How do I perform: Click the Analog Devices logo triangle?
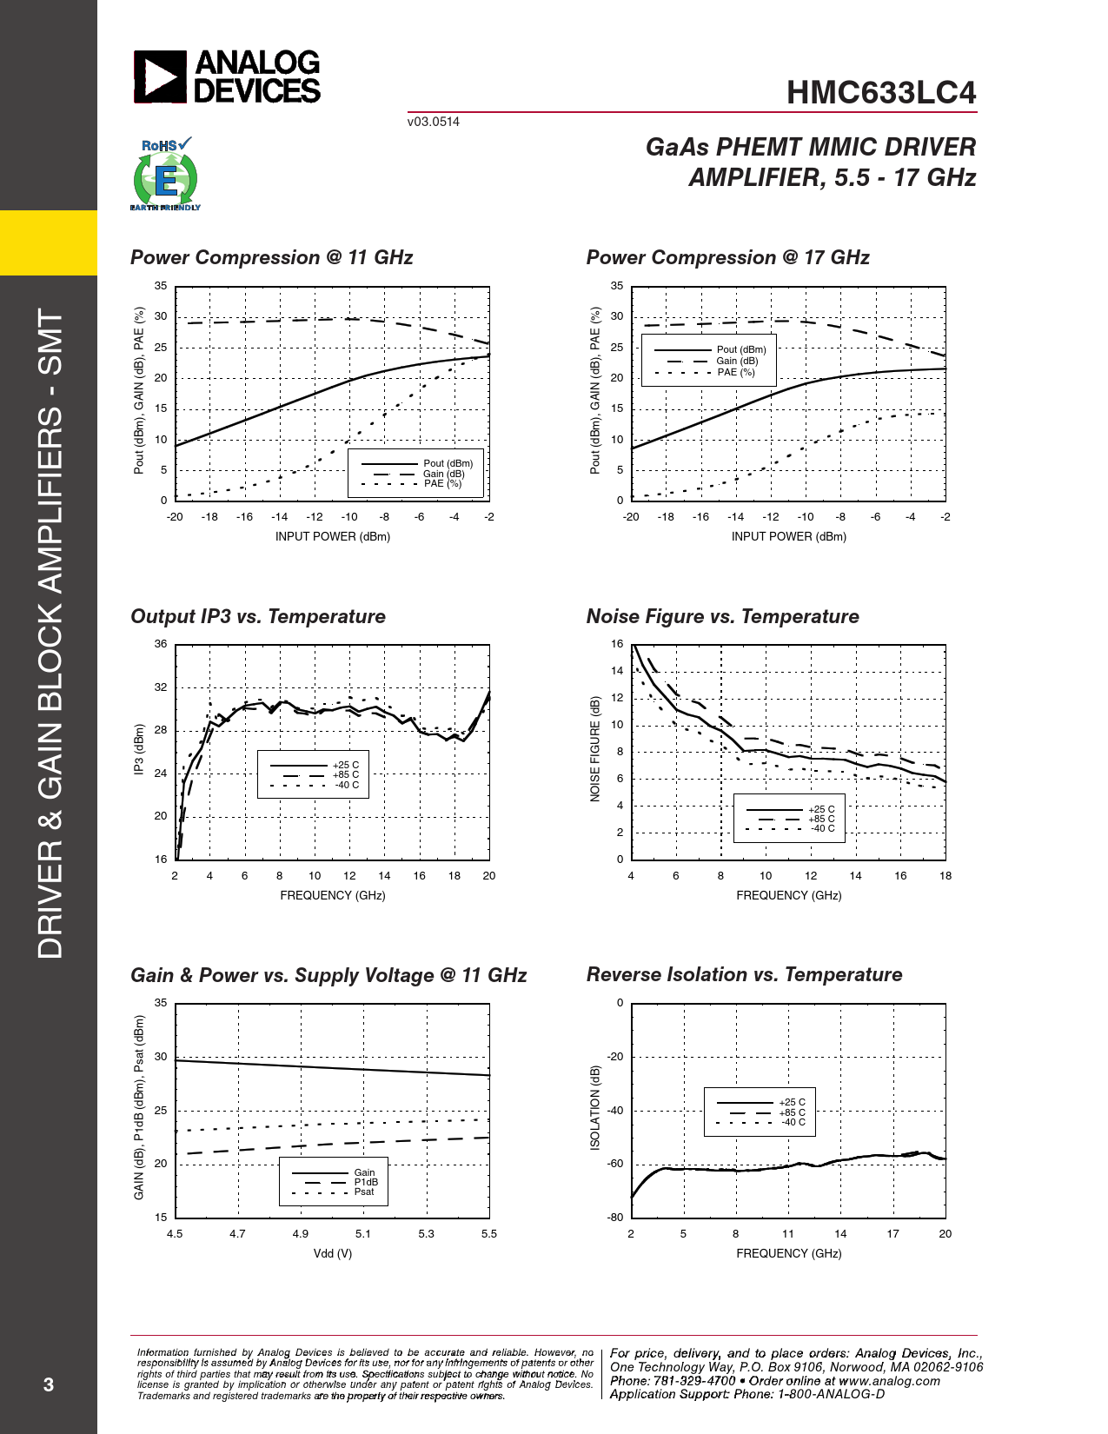(x=160, y=76)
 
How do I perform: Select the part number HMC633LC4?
(x=881, y=93)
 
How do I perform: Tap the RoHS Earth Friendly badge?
(x=165, y=174)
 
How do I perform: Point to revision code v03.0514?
(x=433, y=122)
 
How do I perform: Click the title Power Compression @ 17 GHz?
(x=727, y=257)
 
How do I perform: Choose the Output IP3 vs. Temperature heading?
(x=257, y=616)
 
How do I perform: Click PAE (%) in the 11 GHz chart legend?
(x=442, y=484)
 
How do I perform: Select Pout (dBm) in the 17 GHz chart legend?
(x=740, y=349)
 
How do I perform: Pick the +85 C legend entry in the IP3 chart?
(x=345, y=774)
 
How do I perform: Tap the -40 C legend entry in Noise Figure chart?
(x=822, y=828)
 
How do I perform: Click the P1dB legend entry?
(x=366, y=1182)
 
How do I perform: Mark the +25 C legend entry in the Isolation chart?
(x=792, y=1102)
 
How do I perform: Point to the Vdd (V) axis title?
(x=333, y=1253)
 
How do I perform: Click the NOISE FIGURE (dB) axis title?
(x=595, y=749)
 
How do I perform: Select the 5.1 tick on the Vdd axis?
(x=363, y=1233)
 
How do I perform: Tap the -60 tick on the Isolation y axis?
(x=615, y=1164)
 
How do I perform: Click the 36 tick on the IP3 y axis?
(x=161, y=644)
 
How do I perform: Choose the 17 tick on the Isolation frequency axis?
(x=892, y=1233)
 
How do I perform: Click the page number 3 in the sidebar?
(x=49, y=1384)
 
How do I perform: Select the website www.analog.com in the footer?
(x=889, y=1380)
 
